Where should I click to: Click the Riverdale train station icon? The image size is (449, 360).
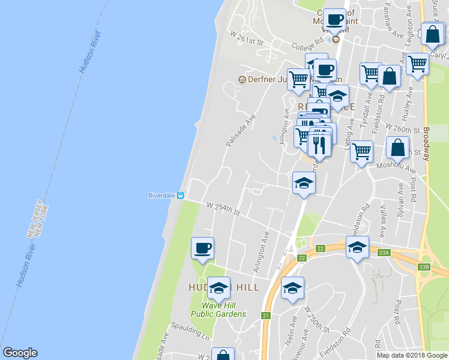point(179,196)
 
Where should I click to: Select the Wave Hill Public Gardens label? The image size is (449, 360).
point(218,310)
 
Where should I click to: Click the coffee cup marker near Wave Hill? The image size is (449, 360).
point(202,248)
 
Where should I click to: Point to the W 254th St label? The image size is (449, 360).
point(223,209)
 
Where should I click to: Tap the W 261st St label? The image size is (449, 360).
point(248,38)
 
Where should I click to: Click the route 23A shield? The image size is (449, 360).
point(384,253)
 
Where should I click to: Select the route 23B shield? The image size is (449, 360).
point(424,266)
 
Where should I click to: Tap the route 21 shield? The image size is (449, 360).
point(267,316)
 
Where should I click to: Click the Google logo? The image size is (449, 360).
point(20,353)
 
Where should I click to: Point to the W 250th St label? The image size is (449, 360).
point(317,320)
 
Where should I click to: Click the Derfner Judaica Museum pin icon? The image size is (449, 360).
point(242,80)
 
